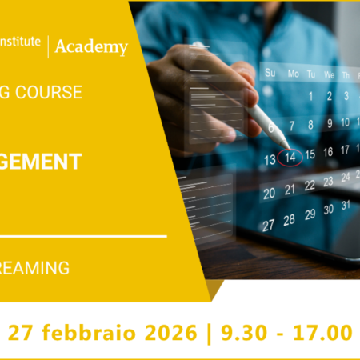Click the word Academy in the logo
pyautogui.click(x=90, y=47)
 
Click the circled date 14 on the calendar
pyautogui.click(x=290, y=157)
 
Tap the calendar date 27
pyautogui.click(x=270, y=225)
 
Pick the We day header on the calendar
pyautogui.click(x=330, y=75)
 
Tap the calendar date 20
pyautogui.click(x=270, y=192)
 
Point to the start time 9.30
pyautogui.click(x=239, y=331)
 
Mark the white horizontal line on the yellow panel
pyautogui.click(x=83, y=236)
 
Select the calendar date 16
pyautogui.click(x=327, y=151)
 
